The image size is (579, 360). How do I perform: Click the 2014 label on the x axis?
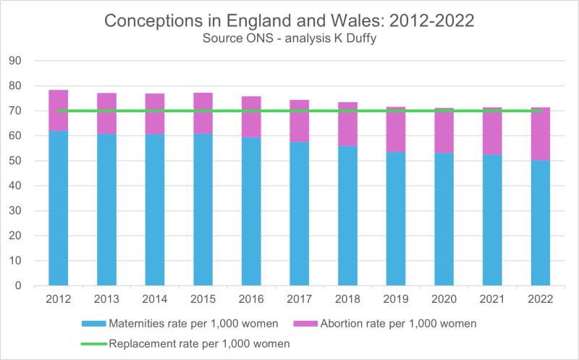point(154,298)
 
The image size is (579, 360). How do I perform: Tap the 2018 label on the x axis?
point(347,298)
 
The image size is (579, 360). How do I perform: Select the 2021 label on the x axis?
point(492,298)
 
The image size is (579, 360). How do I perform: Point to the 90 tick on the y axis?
point(17,61)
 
